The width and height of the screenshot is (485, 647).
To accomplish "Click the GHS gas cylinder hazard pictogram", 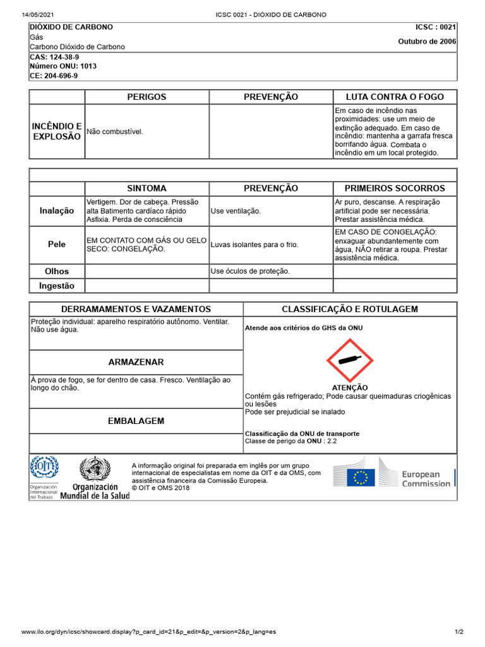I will pyautogui.click(x=350, y=360).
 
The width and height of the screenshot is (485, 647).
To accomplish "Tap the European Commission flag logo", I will pyautogui.click(x=361, y=477).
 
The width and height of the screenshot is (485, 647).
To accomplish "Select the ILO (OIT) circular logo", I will pyautogui.click(x=44, y=468).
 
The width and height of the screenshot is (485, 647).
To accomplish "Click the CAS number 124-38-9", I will pyautogui.click(x=54, y=57).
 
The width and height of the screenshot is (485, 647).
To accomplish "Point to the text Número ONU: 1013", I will pyautogui.click(x=63, y=66).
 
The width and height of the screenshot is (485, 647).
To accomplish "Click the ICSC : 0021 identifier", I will pyautogui.click(x=435, y=27).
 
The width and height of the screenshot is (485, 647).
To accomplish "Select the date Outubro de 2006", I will pyautogui.click(x=426, y=42).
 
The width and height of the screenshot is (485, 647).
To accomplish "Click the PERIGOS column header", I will pyautogui.click(x=147, y=97).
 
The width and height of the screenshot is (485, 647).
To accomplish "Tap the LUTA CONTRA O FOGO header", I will pyautogui.click(x=395, y=97).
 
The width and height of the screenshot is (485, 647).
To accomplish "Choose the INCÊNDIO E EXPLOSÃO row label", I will pyautogui.click(x=57, y=131).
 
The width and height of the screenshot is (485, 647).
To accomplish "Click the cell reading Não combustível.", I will pyautogui.click(x=115, y=131).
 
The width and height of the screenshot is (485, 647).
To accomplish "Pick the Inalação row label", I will pyautogui.click(x=57, y=211).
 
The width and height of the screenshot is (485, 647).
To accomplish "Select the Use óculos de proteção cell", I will pyautogui.click(x=250, y=271).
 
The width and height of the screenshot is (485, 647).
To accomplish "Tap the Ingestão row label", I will pyautogui.click(x=57, y=286).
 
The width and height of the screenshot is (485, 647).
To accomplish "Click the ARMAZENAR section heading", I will pyautogui.click(x=136, y=362).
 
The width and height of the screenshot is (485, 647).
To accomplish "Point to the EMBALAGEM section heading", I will pyautogui.click(x=136, y=421).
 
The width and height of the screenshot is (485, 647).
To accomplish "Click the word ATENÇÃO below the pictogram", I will pyautogui.click(x=349, y=387).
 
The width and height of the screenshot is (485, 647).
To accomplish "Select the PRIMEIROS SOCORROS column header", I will pyautogui.click(x=395, y=188).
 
